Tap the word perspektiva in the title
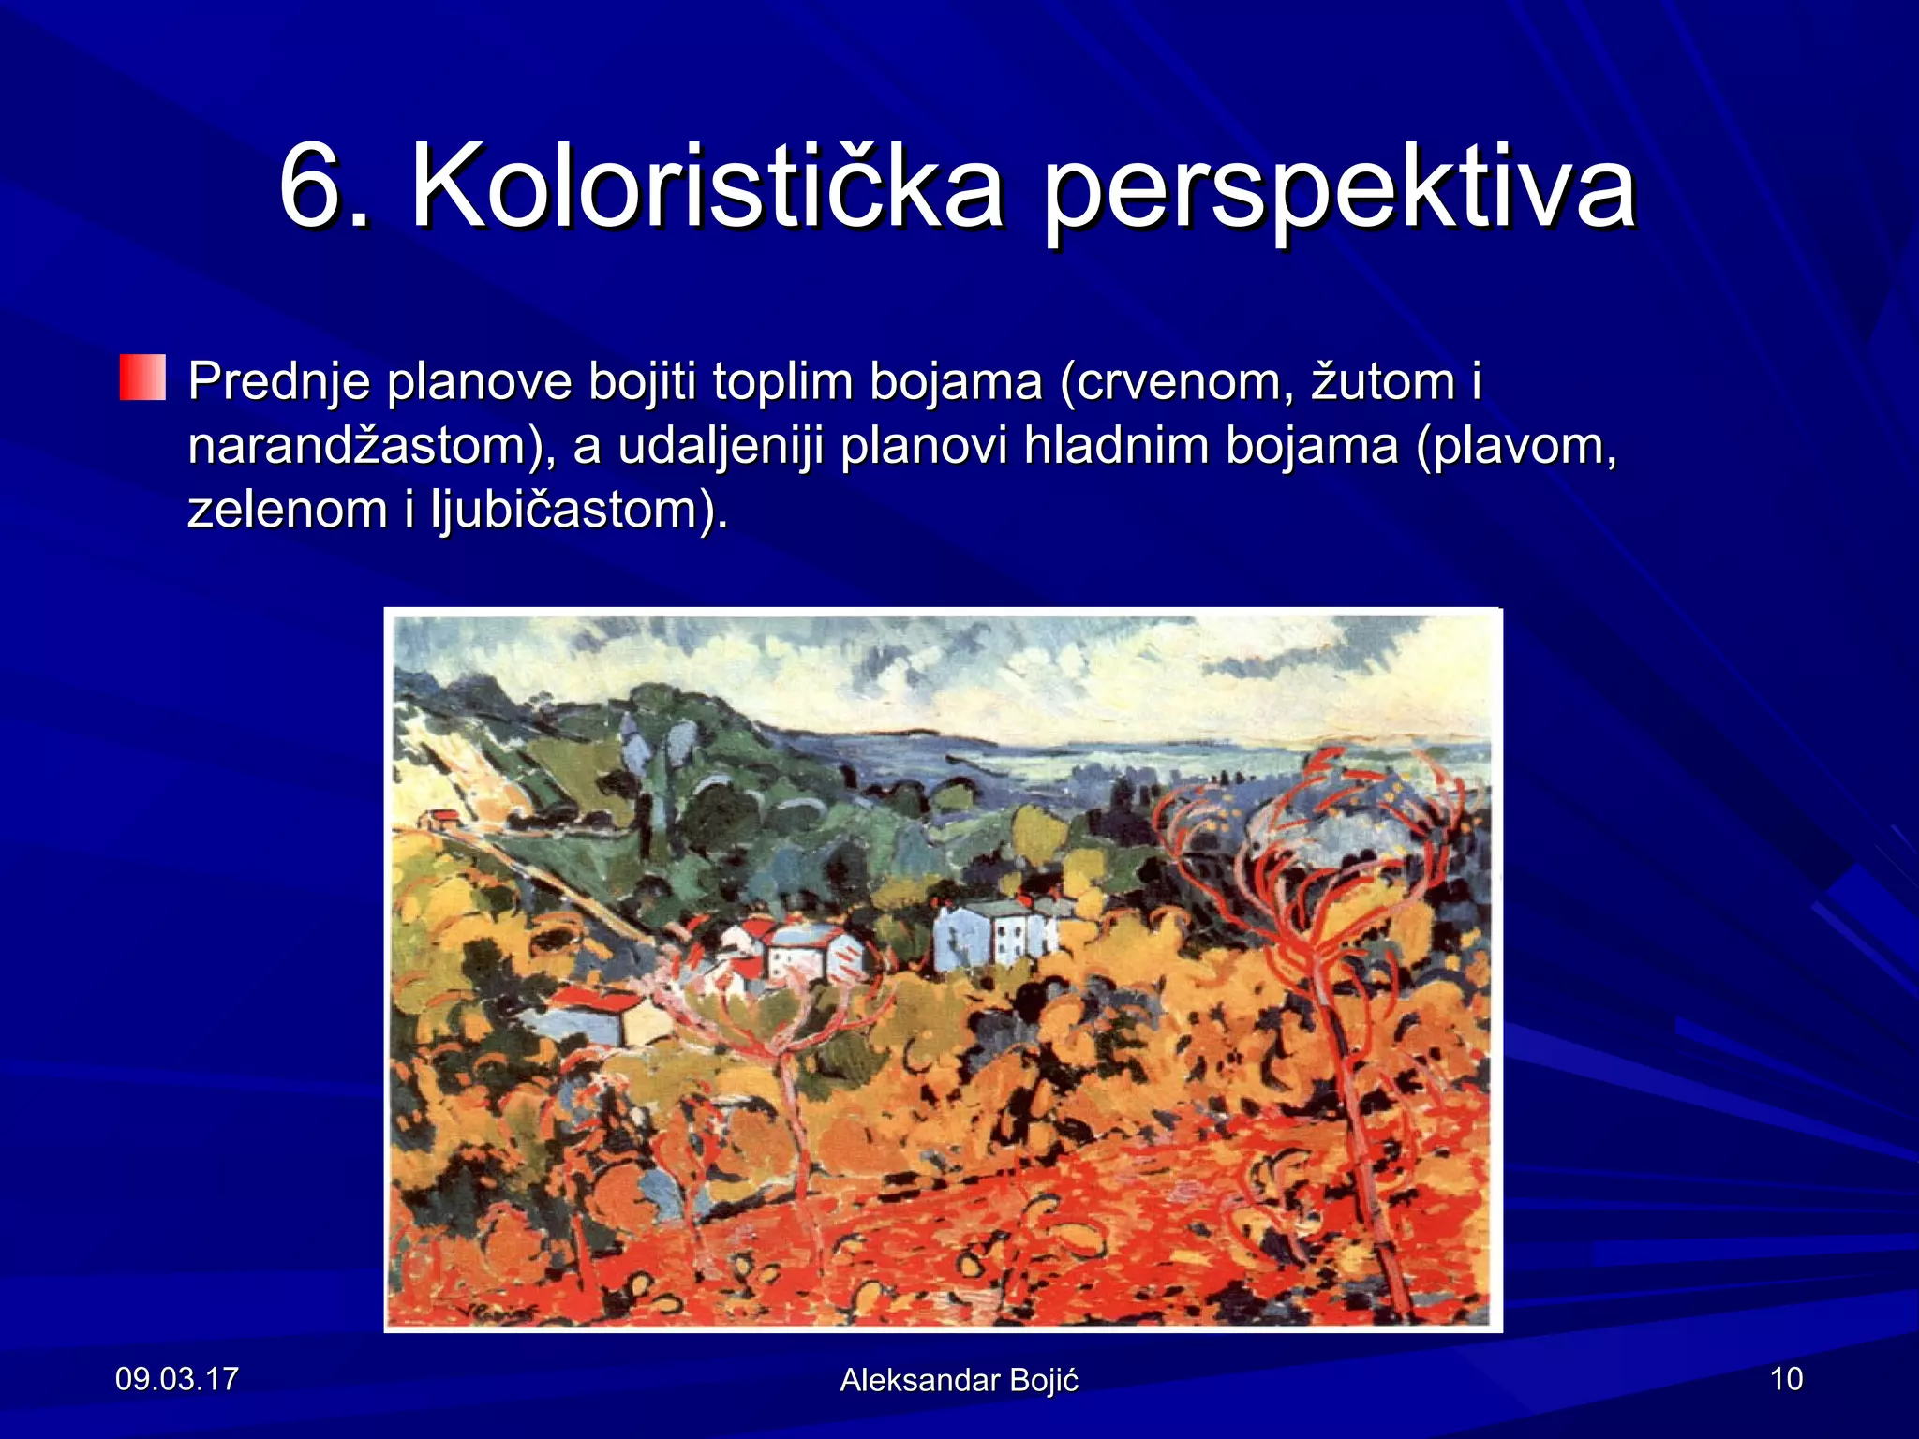click(x=1340, y=187)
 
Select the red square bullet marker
click(x=142, y=378)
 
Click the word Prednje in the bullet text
click(x=278, y=382)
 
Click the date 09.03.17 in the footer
click(x=176, y=1379)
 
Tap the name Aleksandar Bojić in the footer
click(x=959, y=1380)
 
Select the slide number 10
click(x=1786, y=1379)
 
